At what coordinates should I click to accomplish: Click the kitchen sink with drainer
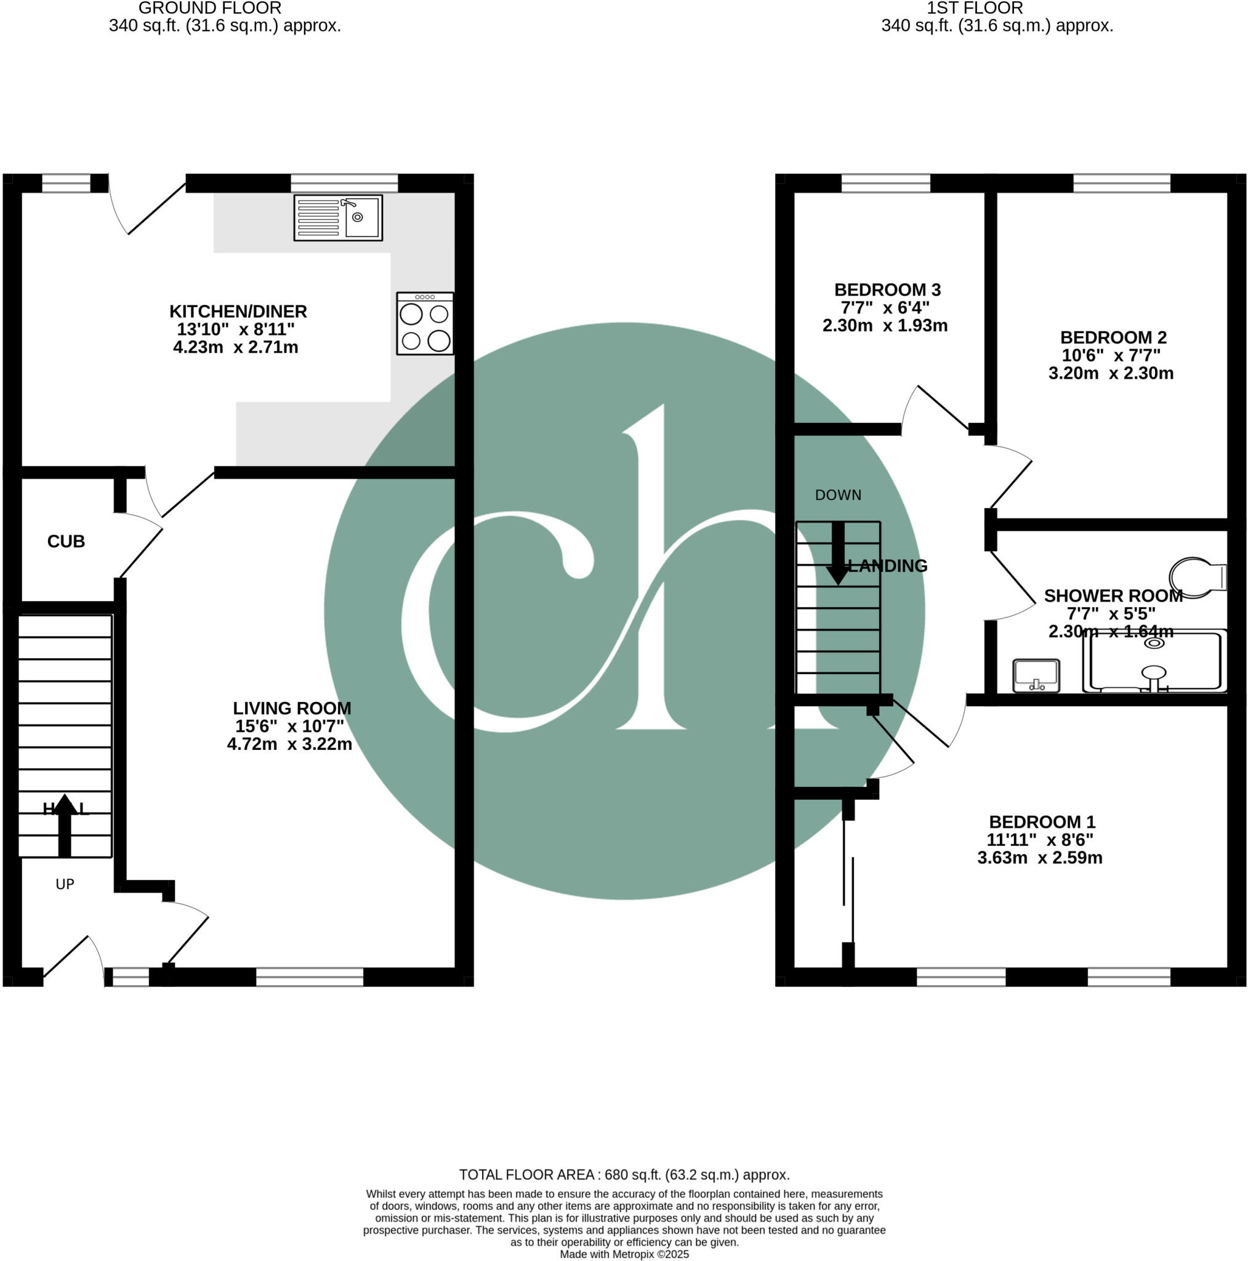pos(337,217)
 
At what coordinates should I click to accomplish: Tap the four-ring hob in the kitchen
pos(425,324)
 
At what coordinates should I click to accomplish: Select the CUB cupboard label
pos(66,541)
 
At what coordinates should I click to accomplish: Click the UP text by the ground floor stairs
pos(65,884)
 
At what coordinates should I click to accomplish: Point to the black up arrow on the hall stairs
pos(64,825)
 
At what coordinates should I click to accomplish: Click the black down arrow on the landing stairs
pos(837,554)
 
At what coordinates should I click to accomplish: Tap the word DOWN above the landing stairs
pos(838,496)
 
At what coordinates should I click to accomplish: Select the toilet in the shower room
pos(1196,578)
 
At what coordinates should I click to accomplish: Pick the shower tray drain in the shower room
pos(1154,643)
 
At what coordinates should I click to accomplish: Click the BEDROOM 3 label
pos(887,289)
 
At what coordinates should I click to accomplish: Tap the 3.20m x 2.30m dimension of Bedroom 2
pos(1111,373)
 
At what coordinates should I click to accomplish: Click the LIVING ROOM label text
pos(292,708)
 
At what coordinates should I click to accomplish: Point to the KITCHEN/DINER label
pos(238,312)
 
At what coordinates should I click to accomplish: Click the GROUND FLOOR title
pos(210,9)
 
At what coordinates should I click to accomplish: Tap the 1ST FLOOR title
pos(975,9)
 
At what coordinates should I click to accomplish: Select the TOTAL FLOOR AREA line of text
pos(624,1175)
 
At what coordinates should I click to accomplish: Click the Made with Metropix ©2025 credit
pos(624,1254)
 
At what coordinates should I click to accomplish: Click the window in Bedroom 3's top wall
pos(886,183)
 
